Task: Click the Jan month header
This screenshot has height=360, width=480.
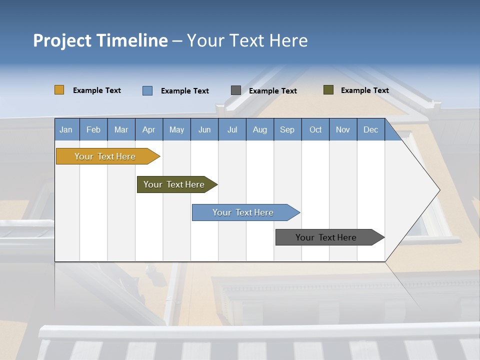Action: [x=66, y=129]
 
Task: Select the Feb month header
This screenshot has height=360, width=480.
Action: [x=93, y=129]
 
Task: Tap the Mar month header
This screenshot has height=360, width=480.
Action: [x=121, y=129]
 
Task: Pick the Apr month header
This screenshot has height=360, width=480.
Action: [x=149, y=129]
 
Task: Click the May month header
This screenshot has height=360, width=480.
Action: [x=176, y=129]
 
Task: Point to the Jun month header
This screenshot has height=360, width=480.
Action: [x=204, y=129]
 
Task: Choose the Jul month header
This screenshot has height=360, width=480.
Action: [x=232, y=129]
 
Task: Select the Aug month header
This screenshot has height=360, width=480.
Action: [x=260, y=129]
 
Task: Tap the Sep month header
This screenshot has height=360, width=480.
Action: [x=287, y=129]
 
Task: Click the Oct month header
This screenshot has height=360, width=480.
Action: [x=315, y=129]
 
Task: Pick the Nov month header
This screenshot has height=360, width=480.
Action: [x=343, y=129]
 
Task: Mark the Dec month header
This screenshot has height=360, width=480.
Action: [x=371, y=129]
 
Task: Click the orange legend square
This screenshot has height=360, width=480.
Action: [x=59, y=90]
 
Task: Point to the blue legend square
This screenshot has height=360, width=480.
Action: [x=147, y=90]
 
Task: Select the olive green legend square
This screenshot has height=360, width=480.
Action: [x=328, y=90]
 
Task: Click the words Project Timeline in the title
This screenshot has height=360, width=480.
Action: [x=100, y=40]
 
